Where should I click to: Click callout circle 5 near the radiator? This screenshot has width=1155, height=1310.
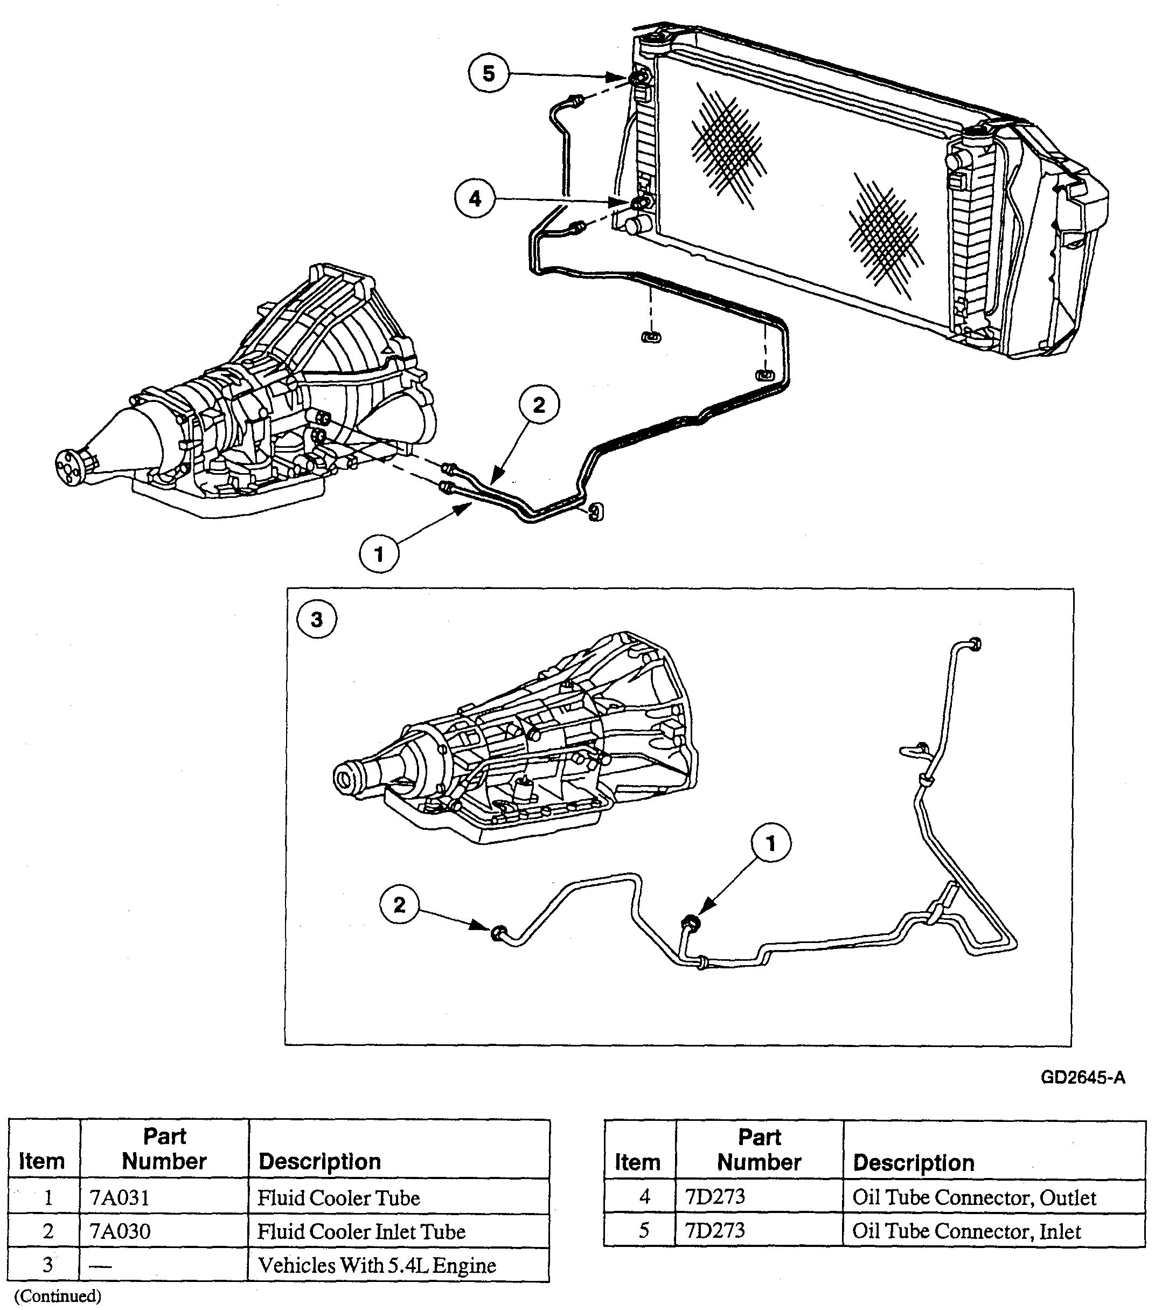[488, 74]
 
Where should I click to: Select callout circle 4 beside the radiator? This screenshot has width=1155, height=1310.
[475, 199]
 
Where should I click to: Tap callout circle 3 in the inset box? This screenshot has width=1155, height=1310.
[316, 619]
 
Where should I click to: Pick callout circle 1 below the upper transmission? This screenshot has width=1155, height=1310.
[379, 554]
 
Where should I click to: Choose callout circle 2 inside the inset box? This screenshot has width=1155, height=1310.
[399, 904]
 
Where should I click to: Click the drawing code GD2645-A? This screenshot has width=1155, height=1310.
[1083, 1077]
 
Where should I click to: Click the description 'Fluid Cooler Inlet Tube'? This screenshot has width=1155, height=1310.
[361, 1231]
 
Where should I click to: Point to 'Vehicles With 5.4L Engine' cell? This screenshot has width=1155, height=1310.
[377, 1265]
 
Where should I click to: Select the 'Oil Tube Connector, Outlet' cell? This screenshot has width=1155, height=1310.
[973, 1197]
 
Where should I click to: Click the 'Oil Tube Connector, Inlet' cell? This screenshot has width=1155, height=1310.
[966, 1231]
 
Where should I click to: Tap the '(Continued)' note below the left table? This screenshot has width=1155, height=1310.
[58, 1295]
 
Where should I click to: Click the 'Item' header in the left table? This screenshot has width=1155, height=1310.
[42, 1161]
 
